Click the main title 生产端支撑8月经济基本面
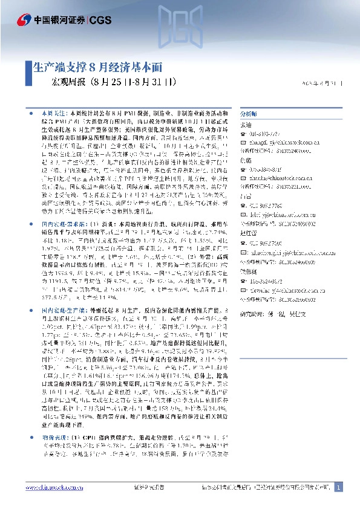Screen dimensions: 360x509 pos(97,68)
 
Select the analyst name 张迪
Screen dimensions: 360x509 pos(246,124)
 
